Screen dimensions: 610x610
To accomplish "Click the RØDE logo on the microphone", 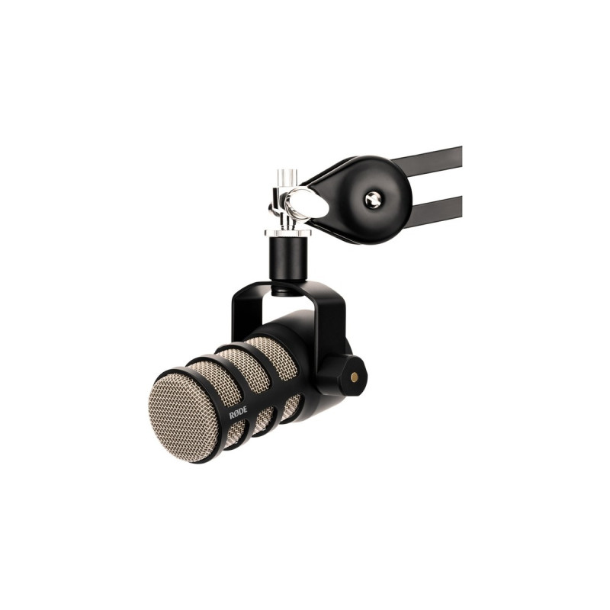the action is click(238, 414).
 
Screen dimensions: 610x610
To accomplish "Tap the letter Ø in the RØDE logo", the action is click(236, 415).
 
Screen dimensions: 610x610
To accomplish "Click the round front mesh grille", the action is click(183, 419).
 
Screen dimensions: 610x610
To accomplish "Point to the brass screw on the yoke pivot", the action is click(354, 376).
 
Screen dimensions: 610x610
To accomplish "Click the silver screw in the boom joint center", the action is click(373, 201).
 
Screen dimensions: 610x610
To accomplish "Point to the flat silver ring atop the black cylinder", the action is click(288, 233).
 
